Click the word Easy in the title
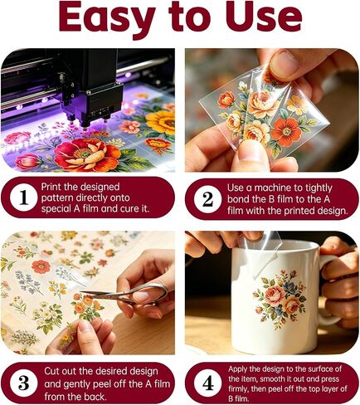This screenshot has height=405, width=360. [107, 17]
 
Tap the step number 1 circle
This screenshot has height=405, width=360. [23, 198]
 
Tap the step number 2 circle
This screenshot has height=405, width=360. [207, 199]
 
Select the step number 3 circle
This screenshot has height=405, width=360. [23, 383]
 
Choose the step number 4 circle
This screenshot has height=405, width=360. [207, 383]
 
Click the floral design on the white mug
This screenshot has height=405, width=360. [280, 298]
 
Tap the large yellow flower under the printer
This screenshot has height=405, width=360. [161, 122]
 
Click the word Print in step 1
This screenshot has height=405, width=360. [51, 188]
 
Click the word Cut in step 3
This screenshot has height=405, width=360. [51, 372]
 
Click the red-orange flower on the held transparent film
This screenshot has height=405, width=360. [286, 132]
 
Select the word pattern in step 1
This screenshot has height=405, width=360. [57, 198]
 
